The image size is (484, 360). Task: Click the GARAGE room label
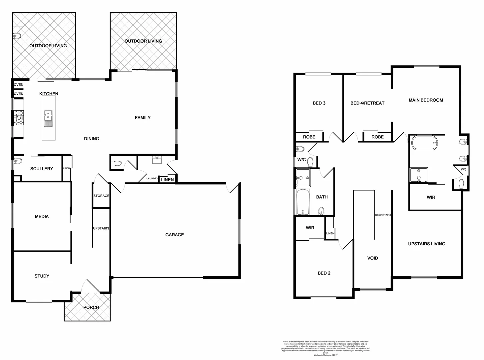[175, 235]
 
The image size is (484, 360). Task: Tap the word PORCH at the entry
[91, 307]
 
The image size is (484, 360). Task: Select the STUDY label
[42, 276]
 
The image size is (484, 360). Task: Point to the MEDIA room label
[42, 217]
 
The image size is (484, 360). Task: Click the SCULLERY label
[42, 169]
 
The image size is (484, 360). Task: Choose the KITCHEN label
[49, 94]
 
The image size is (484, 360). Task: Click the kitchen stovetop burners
[19, 118]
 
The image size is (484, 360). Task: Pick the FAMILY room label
[143, 117]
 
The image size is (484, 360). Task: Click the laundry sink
[157, 160]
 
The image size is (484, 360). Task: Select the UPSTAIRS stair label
[101, 228]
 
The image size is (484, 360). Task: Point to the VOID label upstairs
[372, 258]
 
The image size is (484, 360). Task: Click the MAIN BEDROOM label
[426, 100]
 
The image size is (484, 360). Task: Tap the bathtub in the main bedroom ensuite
[424, 143]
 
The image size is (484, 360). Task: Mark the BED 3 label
[319, 103]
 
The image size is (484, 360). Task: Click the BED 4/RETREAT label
[367, 103]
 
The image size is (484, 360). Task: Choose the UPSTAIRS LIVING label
[426, 244]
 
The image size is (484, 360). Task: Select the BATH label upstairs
[322, 197]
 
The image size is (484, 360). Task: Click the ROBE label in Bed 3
[309, 137]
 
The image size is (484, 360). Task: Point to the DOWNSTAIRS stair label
[383, 215]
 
